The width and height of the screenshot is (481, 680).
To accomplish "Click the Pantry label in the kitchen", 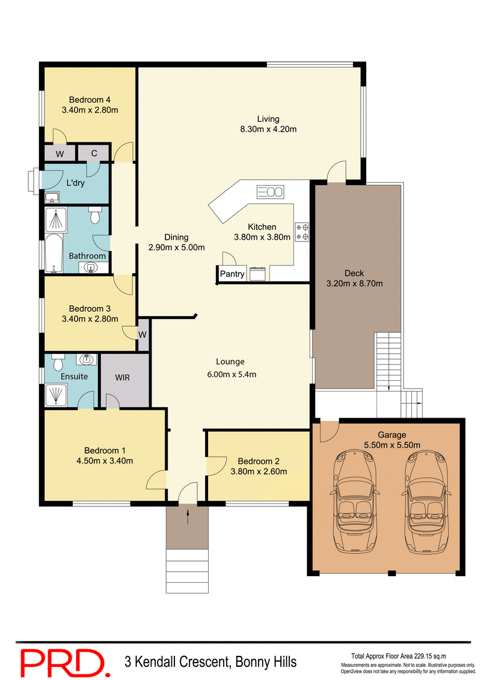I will (x=232, y=275).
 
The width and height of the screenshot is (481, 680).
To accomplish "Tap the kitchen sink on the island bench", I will (x=270, y=192).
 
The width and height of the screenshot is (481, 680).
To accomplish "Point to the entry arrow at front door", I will (x=188, y=514).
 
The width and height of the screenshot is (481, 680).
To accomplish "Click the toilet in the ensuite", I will (x=58, y=363).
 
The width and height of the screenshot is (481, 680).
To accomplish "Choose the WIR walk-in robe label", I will (x=122, y=378).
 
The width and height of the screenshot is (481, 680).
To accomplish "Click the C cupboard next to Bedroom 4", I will (x=94, y=153).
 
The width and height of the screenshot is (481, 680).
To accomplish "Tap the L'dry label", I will (x=75, y=183).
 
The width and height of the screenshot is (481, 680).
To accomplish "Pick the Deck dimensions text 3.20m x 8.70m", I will (x=354, y=284).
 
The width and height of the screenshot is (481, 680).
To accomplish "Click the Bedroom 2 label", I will (x=259, y=461).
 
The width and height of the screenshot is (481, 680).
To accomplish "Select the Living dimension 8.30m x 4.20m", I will (x=268, y=129).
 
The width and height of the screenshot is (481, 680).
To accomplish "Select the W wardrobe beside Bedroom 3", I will (x=143, y=335).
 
